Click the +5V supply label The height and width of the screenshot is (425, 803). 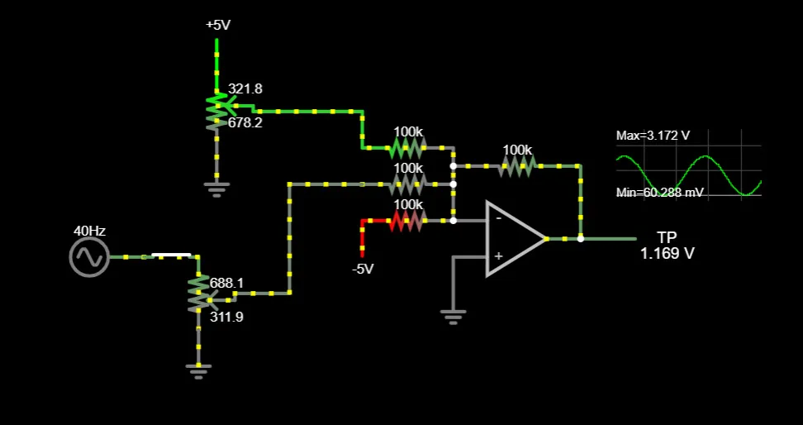tap(218, 25)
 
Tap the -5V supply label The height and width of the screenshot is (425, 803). tap(363, 269)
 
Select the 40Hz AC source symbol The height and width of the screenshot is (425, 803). tap(89, 257)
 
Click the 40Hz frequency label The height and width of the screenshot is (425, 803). tap(89, 232)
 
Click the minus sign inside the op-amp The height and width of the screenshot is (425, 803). tap(498, 219)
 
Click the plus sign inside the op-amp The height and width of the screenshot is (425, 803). tap(498, 257)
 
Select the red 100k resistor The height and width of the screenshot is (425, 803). tap(407, 221)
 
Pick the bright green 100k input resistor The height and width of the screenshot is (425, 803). tap(407, 148)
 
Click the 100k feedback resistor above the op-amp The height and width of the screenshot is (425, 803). tap(517, 166)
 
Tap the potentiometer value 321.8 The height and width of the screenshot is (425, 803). tap(245, 88)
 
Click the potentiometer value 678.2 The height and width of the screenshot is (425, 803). tap(245, 122)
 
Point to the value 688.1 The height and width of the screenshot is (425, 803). tap(226, 283)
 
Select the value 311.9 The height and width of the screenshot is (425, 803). tap(226, 316)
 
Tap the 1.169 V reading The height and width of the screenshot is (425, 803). tap(668, 254)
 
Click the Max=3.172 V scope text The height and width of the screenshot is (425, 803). tap(653, 135)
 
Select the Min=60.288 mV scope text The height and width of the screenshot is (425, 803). tap(658, 192)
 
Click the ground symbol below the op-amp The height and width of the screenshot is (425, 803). tap(453, 315)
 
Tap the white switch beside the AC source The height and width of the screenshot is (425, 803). tap(172, 255)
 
